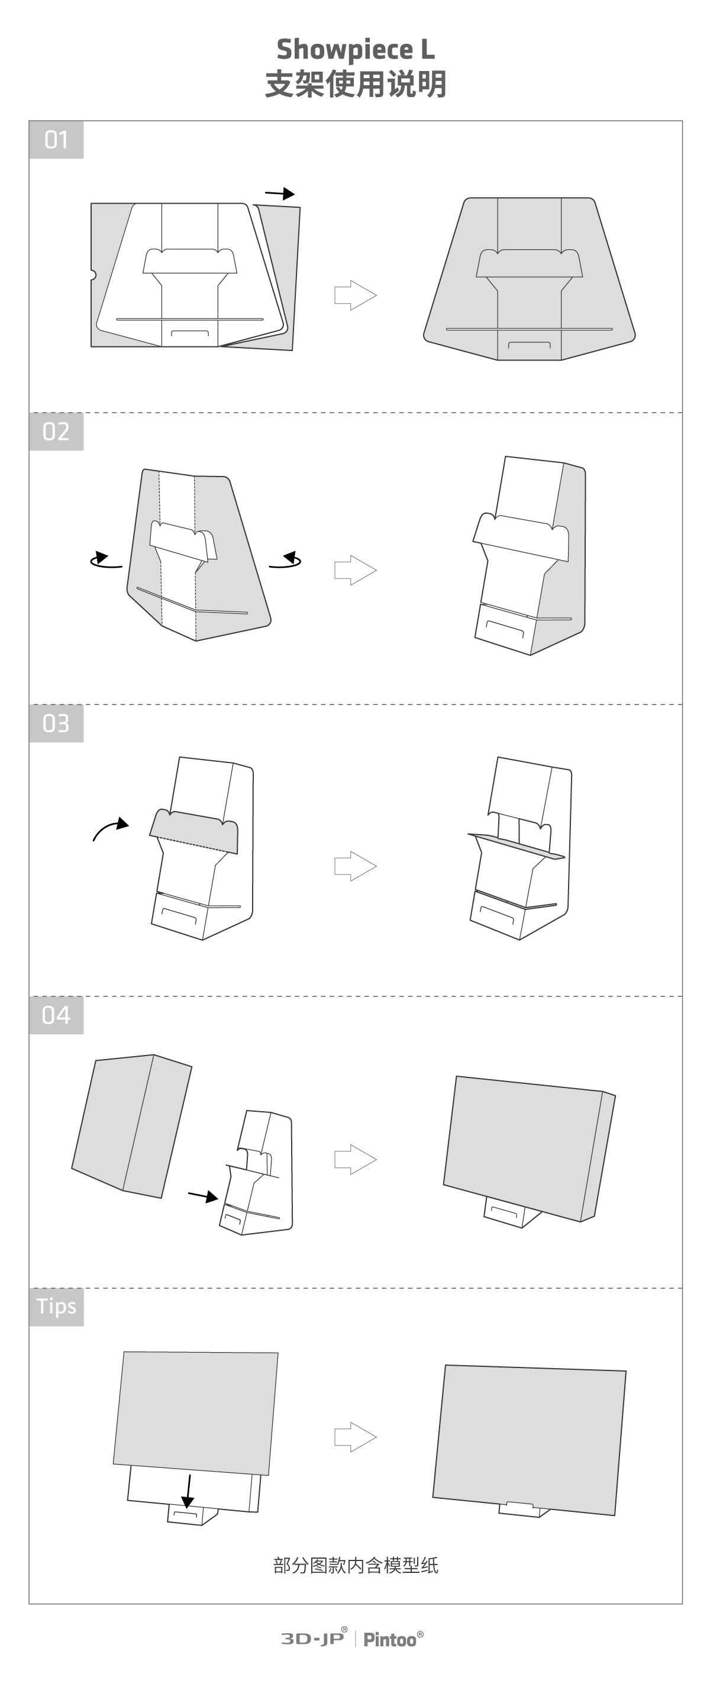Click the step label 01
click(x=56, y=139)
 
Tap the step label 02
click(x=56, y=432)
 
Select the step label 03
click(x=56, y=723)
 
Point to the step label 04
click(x=56, y=1015)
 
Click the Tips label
click(x=56, y=1307)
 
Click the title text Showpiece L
click(x=356, y=50)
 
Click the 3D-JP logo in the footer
click(x=314, y=1639)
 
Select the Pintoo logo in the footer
click(x=393, y=1639)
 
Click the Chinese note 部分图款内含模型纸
click(x=356, y=1565)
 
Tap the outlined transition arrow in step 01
click(x=356, y=295)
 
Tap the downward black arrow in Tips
click(x=189, y=1491)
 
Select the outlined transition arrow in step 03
click(x=356, y=866)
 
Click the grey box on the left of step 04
click(x=131, y=1126)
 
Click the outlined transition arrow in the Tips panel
click(x=356, y=1437)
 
